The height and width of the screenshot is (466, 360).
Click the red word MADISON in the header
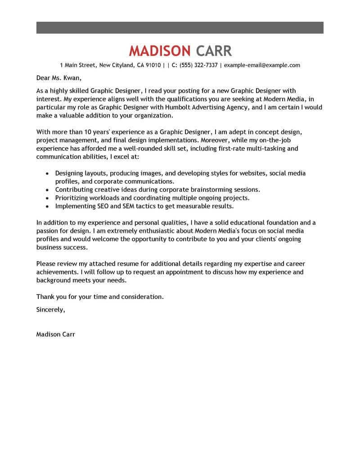pos(160,50)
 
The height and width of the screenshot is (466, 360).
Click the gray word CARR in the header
pos(214,50)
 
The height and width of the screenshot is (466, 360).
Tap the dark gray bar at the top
pos(180,27)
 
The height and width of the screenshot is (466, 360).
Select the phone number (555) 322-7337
pos(198,65)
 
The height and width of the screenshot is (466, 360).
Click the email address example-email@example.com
pos(262,65)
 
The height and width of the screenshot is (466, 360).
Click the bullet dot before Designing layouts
pos(48,173)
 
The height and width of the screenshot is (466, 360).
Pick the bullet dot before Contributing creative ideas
pos(48,190)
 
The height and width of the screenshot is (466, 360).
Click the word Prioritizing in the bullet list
pos(73,198)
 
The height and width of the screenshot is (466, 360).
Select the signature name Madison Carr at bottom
pos(56,335)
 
